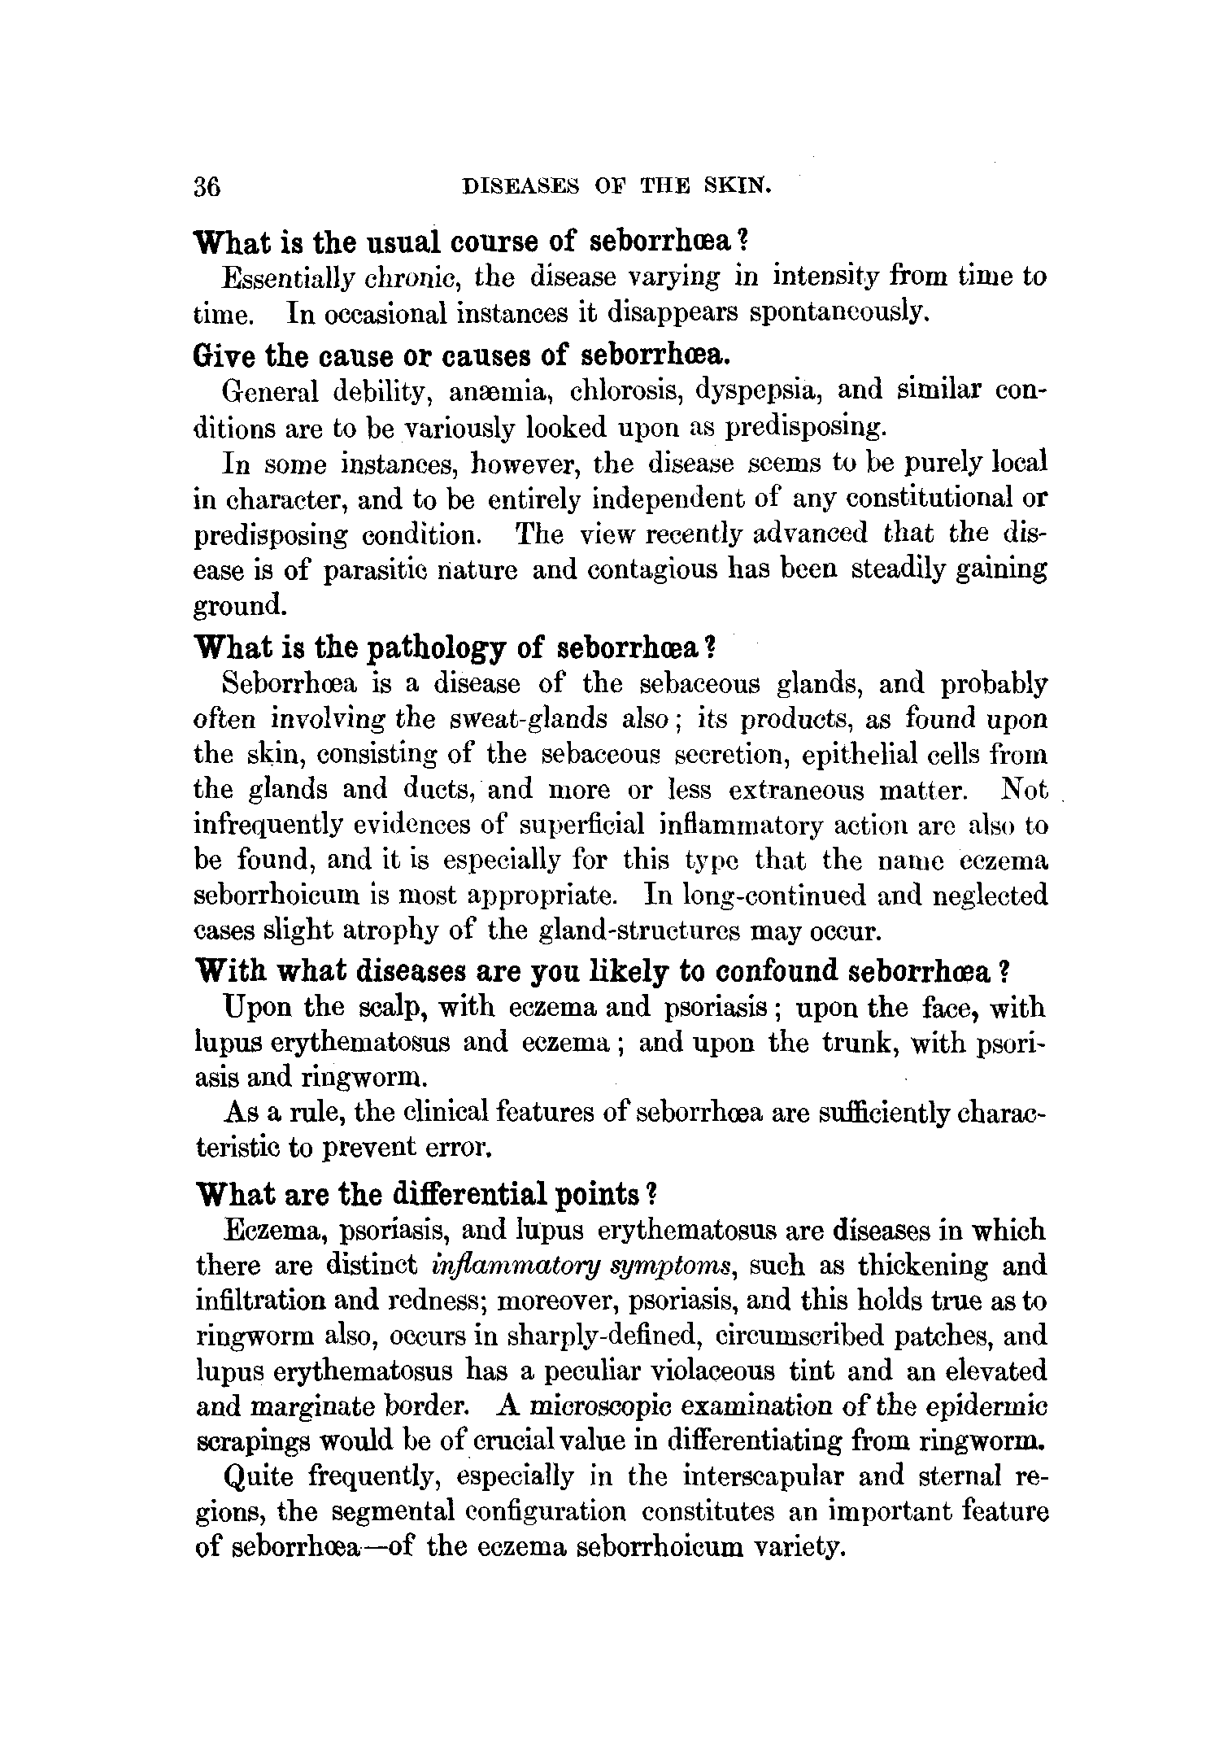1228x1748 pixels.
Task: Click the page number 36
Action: click(x=207, y=186)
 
